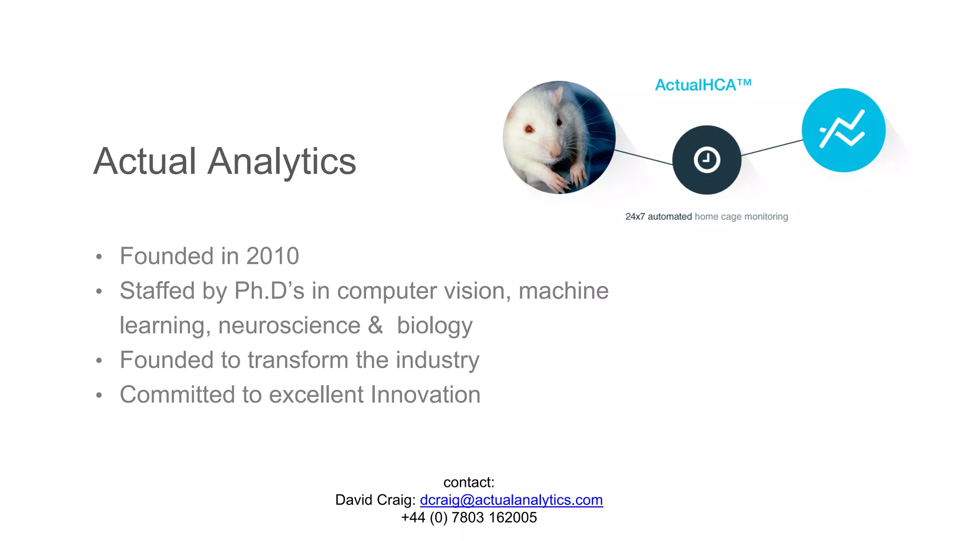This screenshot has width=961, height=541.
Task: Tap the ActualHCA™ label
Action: tap(703, 85)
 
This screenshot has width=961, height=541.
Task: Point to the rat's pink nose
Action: tap(554, 152)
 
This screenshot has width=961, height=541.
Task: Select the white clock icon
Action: tap(707, 160)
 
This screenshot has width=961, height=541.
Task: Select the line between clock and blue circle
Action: tap(772, 147)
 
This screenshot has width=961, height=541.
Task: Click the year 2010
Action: tap(273, 256)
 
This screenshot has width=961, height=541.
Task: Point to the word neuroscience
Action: tap(289, 325)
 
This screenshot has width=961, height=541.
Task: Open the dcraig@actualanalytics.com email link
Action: tap(511, 500)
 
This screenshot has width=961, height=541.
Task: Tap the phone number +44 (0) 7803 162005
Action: tap(469, 518)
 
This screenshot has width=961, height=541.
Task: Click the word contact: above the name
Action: tap(469, 482)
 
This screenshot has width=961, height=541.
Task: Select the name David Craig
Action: tap(374, 500)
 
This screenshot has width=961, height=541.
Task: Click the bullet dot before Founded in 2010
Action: tap(99, 257)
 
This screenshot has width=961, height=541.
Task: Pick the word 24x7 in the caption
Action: tap(635, 217)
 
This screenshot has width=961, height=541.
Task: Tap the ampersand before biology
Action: tap(375, 325)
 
